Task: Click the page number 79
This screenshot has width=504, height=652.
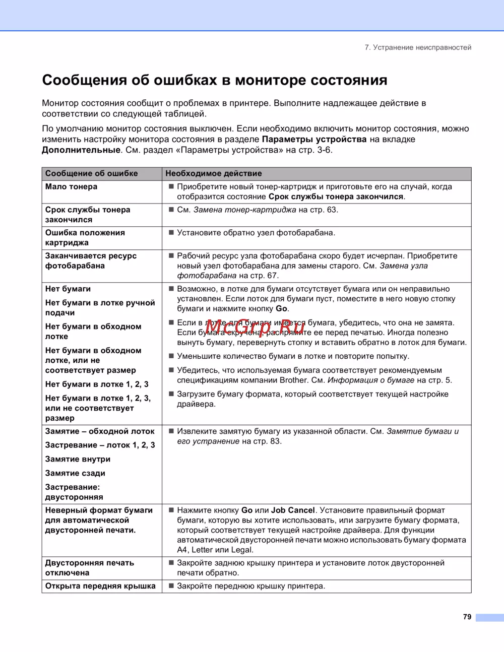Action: point(467,617)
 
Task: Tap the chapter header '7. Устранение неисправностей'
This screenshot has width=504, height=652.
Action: point(418,47)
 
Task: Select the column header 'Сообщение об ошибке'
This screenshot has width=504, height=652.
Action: point(91,173)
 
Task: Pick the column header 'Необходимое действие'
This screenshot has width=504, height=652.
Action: point(214,173)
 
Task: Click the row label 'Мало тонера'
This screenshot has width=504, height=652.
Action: point(71,186)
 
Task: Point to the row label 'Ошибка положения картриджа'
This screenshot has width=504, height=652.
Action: point(85,237)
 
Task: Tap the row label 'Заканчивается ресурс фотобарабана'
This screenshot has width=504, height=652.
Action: point(91,260)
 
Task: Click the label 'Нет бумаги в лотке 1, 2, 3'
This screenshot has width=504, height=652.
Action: point(97,384)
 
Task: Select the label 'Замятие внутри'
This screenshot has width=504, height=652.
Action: point(78,459)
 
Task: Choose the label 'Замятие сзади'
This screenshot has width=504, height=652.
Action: point(75,473)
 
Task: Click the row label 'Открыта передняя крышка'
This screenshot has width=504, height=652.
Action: point(100,586)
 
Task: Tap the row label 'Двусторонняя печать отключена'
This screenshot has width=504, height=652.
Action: point(89,568)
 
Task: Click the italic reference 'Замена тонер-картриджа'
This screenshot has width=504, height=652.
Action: point(244,210)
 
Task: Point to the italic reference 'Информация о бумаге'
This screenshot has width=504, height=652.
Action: point(370,380)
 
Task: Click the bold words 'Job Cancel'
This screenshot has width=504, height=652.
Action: point(293,510)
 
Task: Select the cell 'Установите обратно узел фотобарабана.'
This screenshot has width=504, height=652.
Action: point(256,233)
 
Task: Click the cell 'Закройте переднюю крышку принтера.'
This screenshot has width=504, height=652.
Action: point(251,586)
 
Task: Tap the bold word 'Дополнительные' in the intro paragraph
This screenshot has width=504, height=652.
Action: point(81,150)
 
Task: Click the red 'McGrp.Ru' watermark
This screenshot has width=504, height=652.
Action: point(255,327)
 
